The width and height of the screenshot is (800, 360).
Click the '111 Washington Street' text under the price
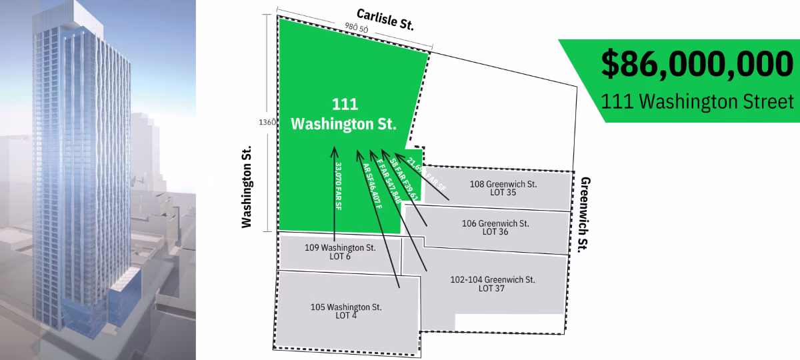pyautogui.click(x=697, y=101)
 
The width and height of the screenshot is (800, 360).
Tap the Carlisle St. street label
pyautogui.click(x=385, y=19)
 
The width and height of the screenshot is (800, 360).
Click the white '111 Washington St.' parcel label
pyautogui.click(x=344, y=114)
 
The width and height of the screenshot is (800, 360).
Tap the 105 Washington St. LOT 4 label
pyautogui.click(x=346, y=311)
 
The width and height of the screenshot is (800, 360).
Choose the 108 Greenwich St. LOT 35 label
pyautogui.click(x=503, y=188)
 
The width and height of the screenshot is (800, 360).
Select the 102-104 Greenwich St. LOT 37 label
pyautogui.click(x=493, y=283)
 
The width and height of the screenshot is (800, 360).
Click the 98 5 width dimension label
pyautogui.click(x=354, y=27)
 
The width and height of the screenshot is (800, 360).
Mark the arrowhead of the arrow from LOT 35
pyautogui.click(x=398, y=155)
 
